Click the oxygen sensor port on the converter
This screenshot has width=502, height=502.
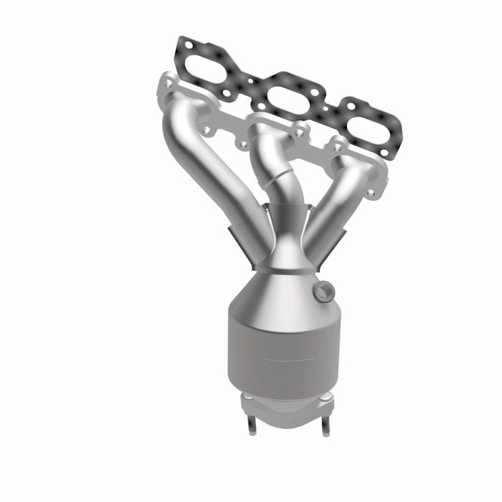point(324,290)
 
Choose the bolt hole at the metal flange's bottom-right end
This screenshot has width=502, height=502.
point(372,191)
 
